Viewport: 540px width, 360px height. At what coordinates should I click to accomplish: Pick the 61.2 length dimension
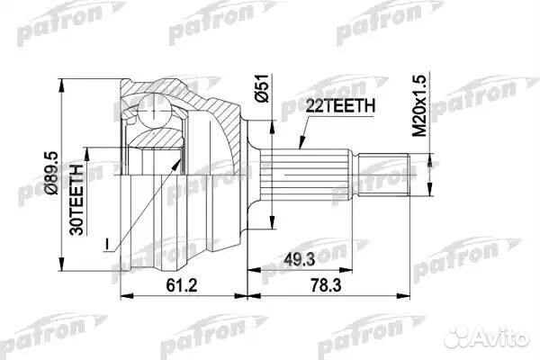click(x=182, y=283)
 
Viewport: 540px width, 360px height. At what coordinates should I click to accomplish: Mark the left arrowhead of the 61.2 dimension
click(x=123, y=295)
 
